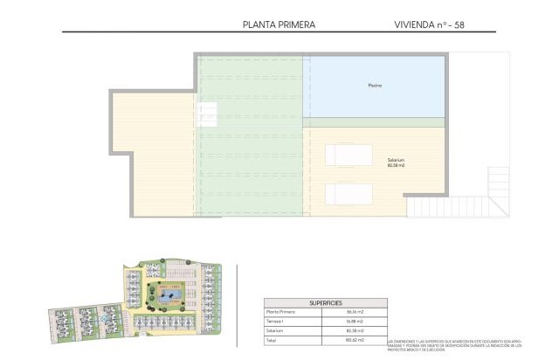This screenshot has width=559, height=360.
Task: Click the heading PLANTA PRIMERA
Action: point(278,25)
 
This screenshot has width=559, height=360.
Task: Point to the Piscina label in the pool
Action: point(375,86)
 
